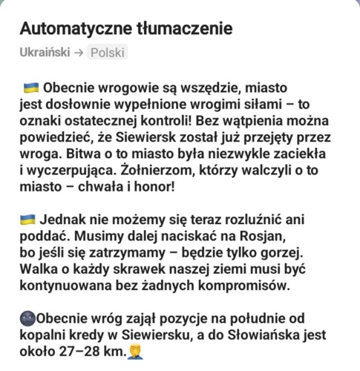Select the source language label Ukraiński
tap(45, 53)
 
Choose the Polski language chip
tap(108, 53)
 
